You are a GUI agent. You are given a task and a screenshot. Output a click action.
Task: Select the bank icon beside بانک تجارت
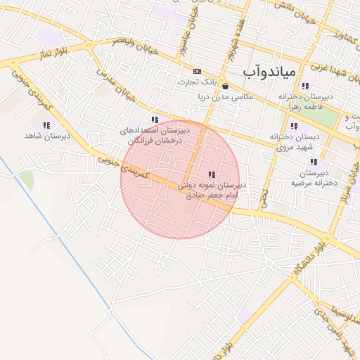196,71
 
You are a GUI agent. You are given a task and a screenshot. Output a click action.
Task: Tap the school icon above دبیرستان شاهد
46,125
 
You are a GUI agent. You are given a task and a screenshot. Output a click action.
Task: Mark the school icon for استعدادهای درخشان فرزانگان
155,120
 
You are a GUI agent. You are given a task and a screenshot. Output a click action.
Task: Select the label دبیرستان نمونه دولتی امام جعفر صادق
211,190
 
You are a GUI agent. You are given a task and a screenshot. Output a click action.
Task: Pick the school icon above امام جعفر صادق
212,174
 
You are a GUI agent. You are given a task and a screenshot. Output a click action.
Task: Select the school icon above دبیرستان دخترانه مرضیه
314,162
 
